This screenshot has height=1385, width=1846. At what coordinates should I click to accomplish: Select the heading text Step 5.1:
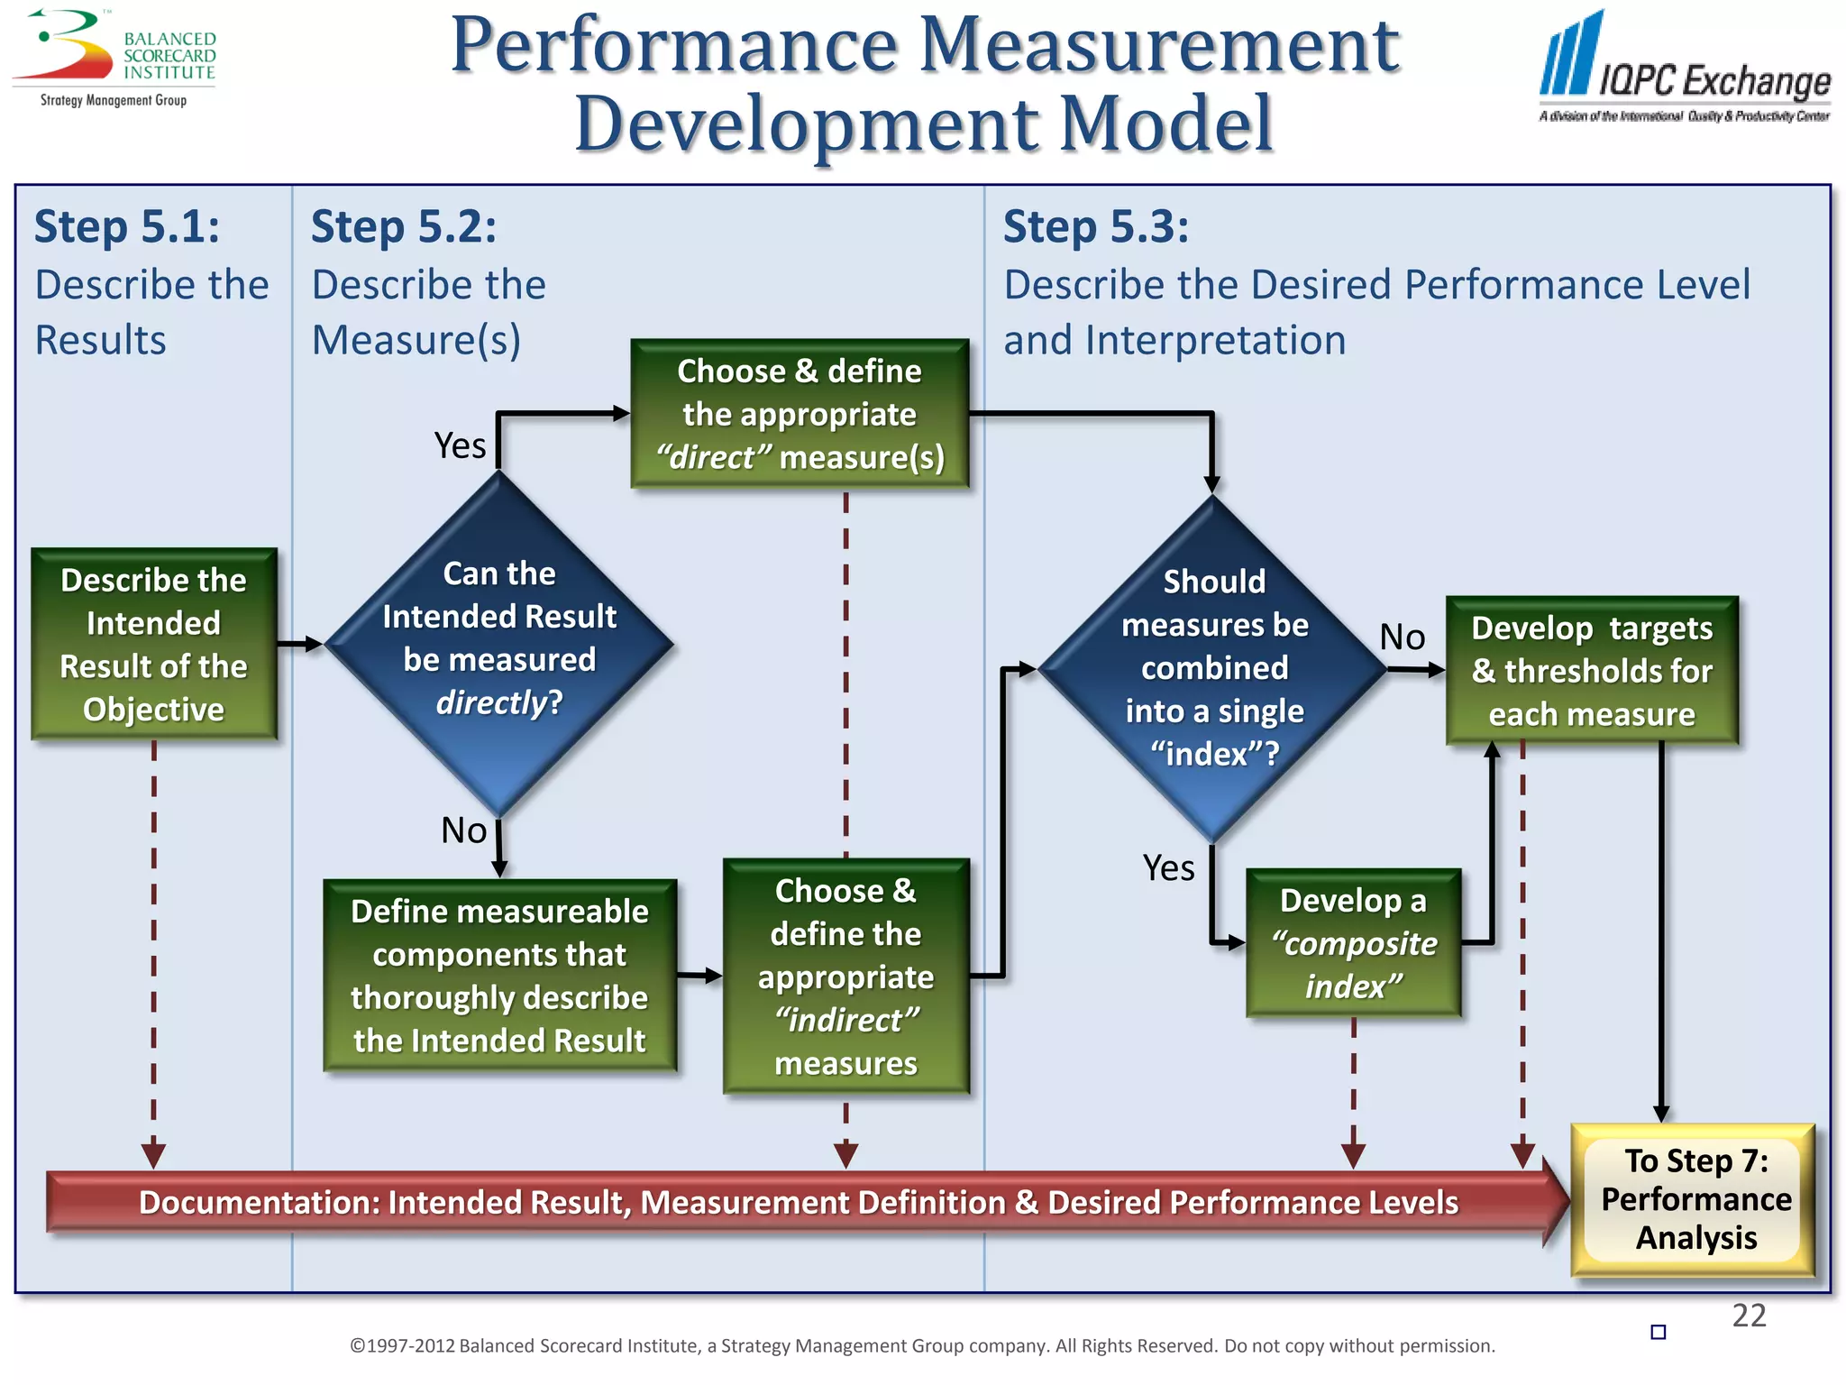coord(127,226)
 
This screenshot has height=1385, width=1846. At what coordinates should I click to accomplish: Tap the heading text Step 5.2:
coord(404,226)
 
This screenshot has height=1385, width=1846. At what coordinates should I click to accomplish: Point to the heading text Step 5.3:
coord(1096,226)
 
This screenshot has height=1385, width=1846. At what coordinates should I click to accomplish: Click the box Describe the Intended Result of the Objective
coord(154,644)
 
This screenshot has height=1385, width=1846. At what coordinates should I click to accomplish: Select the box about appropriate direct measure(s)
coord(800,414)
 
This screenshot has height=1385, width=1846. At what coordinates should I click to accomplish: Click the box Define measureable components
coord(499,976)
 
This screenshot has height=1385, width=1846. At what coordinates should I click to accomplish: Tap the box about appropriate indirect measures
coord(845,977)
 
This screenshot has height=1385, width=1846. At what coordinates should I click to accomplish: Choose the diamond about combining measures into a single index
coord(1213,668)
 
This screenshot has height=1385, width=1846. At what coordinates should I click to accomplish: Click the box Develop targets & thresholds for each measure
coord(1592,670)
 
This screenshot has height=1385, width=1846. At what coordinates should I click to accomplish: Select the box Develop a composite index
coord(1353,943)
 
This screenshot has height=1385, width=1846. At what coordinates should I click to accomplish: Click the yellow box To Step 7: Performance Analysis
coord(1695,1199)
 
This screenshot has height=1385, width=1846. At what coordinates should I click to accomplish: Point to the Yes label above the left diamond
coord(460,445)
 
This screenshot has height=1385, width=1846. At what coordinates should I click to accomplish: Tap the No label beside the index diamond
coord(1403,637)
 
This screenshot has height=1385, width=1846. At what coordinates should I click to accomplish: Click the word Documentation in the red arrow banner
coord(259,1202)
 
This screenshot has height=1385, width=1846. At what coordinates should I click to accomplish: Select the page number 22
coord(1749,1316)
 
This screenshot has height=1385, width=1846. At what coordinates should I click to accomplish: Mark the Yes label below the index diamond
coord(1168,868)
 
